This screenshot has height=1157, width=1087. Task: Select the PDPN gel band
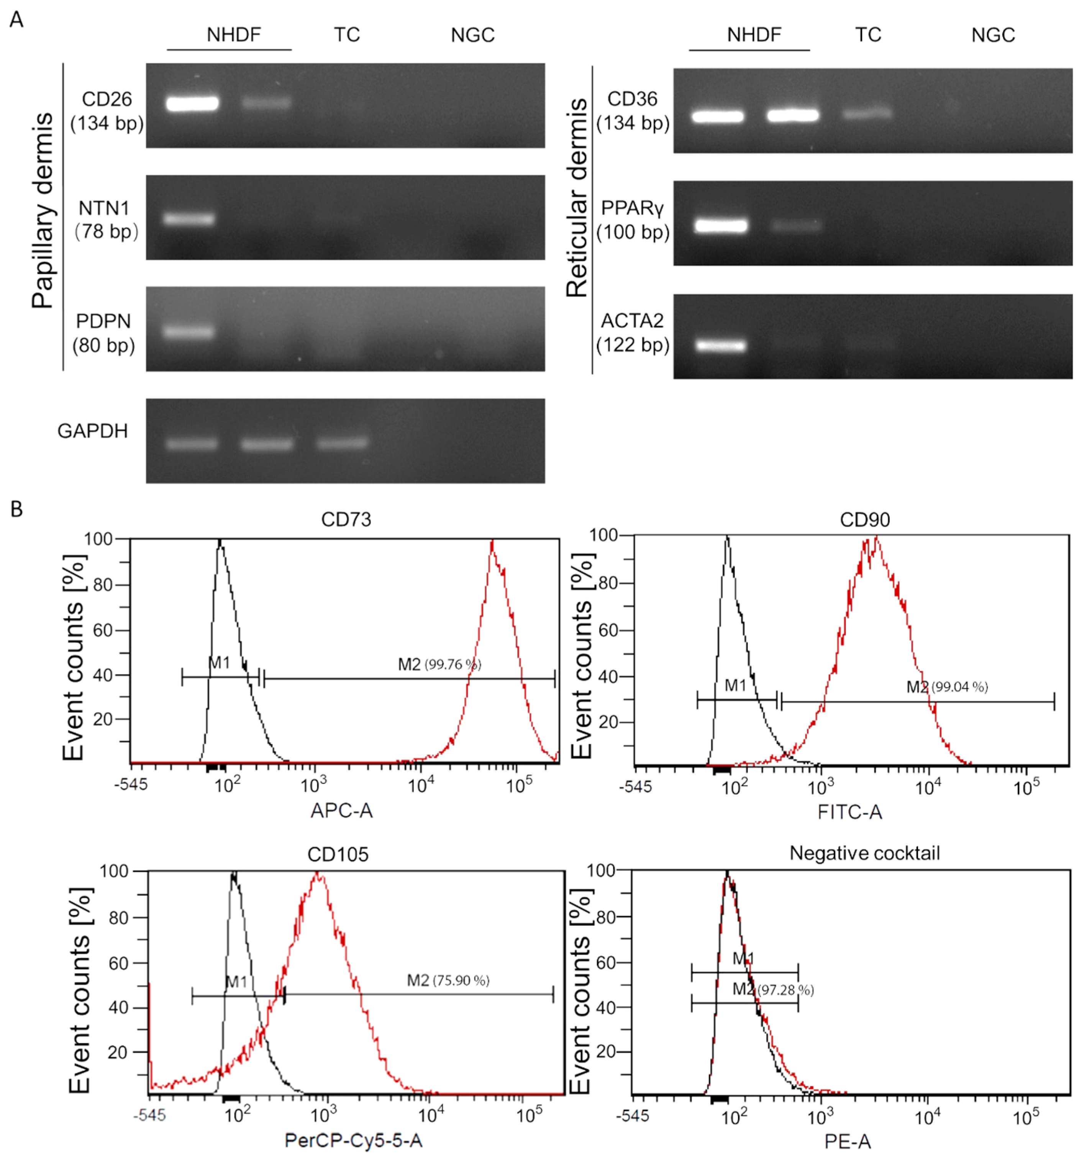point(190,332)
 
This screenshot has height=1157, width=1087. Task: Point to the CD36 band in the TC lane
point(867,113)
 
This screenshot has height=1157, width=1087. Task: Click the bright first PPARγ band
point(720,226)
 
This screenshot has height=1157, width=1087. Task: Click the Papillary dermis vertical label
point(43,210)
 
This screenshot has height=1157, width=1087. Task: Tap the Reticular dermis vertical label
point(577,198)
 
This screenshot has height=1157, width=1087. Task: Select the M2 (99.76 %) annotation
point(439,664)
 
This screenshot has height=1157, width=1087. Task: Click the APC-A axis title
point(341,810)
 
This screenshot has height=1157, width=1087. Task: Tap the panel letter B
point(16,509)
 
